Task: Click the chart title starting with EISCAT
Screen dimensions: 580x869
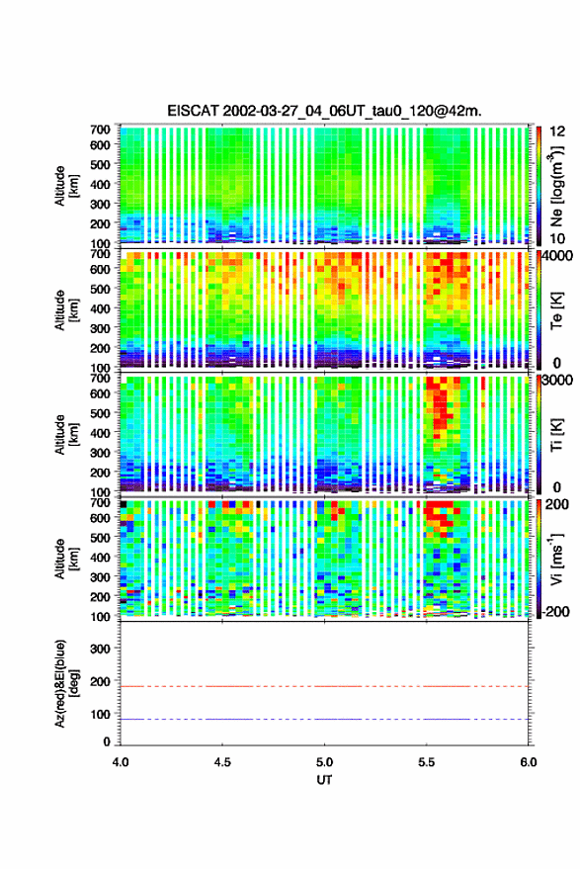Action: coord(324,111)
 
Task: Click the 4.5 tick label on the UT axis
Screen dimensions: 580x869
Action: coord(222,762)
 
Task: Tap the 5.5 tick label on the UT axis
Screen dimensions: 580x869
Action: coord(426,762)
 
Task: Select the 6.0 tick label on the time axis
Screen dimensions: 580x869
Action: coord(528,762)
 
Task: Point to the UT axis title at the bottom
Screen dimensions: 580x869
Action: coord(324,780)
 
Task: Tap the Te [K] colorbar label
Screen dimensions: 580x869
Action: coord(556,310)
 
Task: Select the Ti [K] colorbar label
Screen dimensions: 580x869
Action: coord(556,435)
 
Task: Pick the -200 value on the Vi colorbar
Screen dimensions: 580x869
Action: coord(555,612)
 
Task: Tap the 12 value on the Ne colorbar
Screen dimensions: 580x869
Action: coord(558,131)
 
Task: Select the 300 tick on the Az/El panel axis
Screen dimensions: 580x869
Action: coord(100,649)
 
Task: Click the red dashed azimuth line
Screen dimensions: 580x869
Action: coord(324,686)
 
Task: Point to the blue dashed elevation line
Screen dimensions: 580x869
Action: coord(324,719)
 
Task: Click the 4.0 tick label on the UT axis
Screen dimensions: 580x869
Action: coord(121,762)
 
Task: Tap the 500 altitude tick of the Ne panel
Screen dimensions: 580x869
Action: coord(100,164)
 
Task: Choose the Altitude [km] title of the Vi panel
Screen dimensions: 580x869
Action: coord(67,559)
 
